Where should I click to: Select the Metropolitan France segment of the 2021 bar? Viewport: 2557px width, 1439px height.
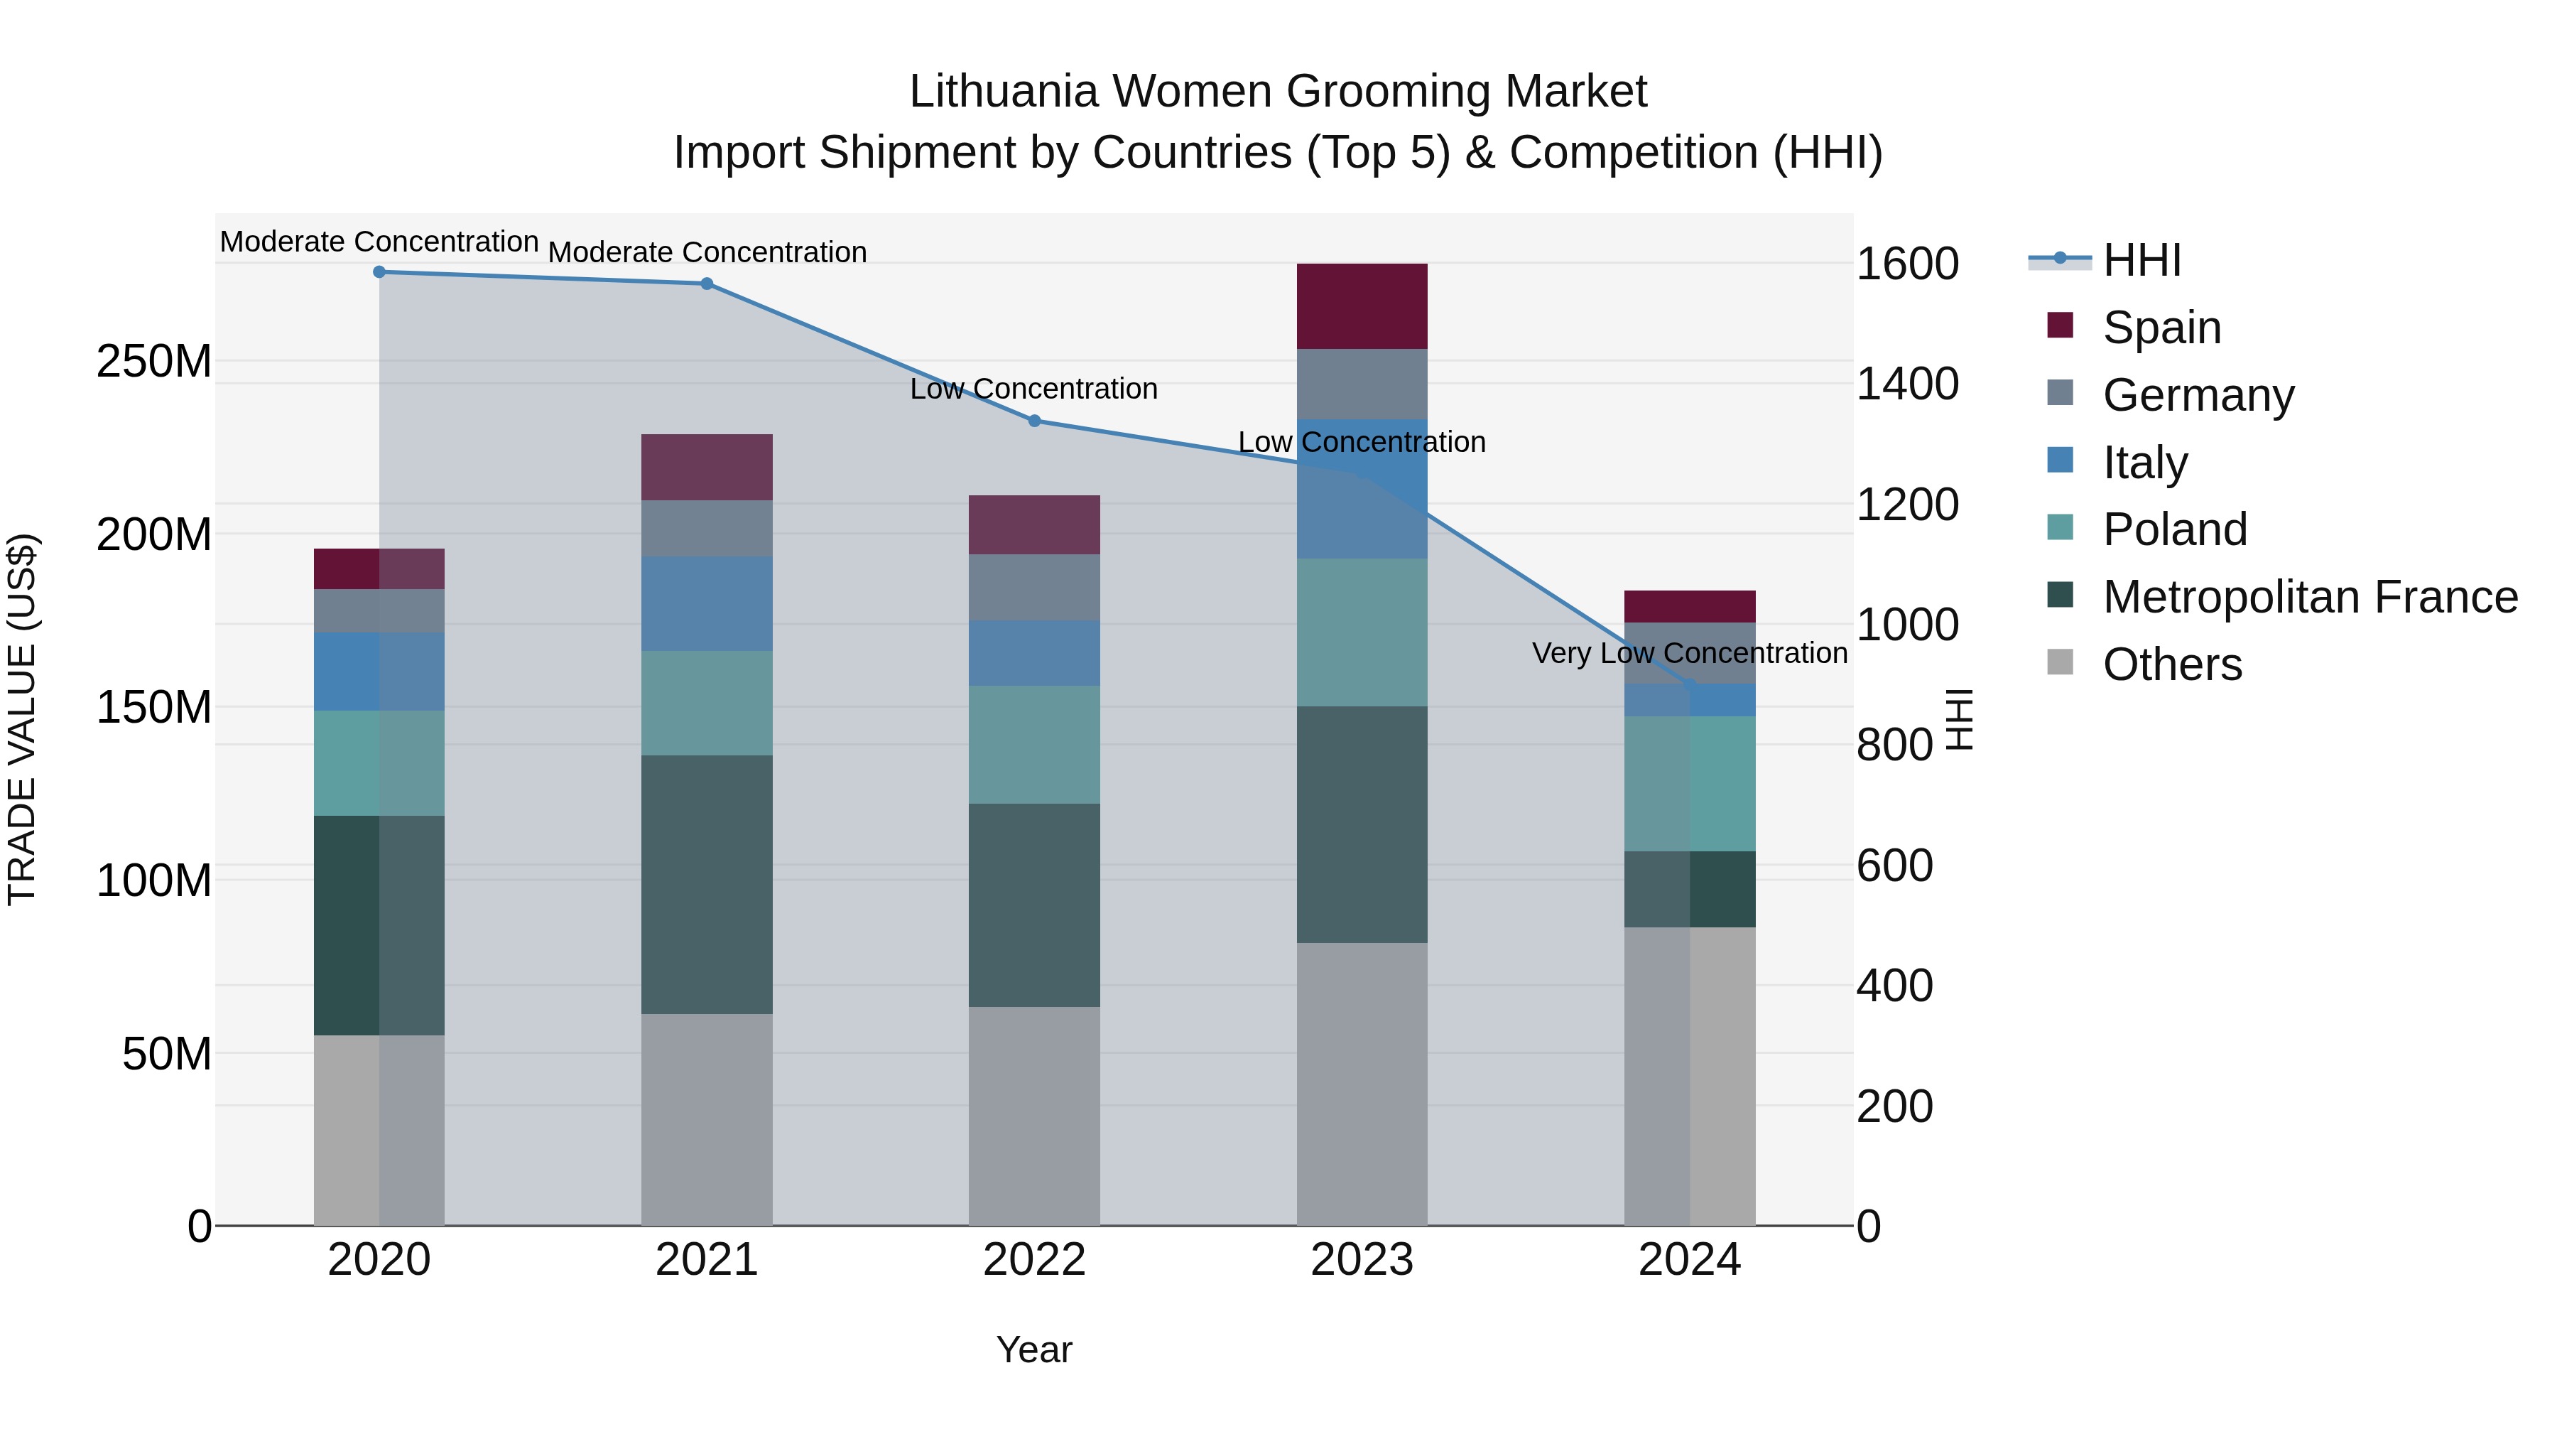(706, 884)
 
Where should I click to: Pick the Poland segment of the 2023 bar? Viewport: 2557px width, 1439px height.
(1361, 632)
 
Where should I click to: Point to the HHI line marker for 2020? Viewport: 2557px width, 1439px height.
(379, 271)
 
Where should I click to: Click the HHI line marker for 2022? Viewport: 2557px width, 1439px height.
(1033, 420)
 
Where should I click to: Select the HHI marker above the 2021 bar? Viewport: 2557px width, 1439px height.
(706, 283)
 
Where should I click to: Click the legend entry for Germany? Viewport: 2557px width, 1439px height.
(2198, 394)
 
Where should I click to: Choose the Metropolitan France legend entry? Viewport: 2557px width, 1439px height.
(2309, 597)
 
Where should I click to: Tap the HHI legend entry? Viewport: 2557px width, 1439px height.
(2141, 260)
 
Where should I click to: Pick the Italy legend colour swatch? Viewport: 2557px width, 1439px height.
(2060, 460)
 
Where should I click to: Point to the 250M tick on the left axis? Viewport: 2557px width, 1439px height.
(154, 362)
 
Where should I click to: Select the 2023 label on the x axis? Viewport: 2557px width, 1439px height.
(1361, 1259)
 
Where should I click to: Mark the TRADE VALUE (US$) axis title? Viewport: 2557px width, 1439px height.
(22, 719)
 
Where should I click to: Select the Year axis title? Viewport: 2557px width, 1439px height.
(1033, 1349)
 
